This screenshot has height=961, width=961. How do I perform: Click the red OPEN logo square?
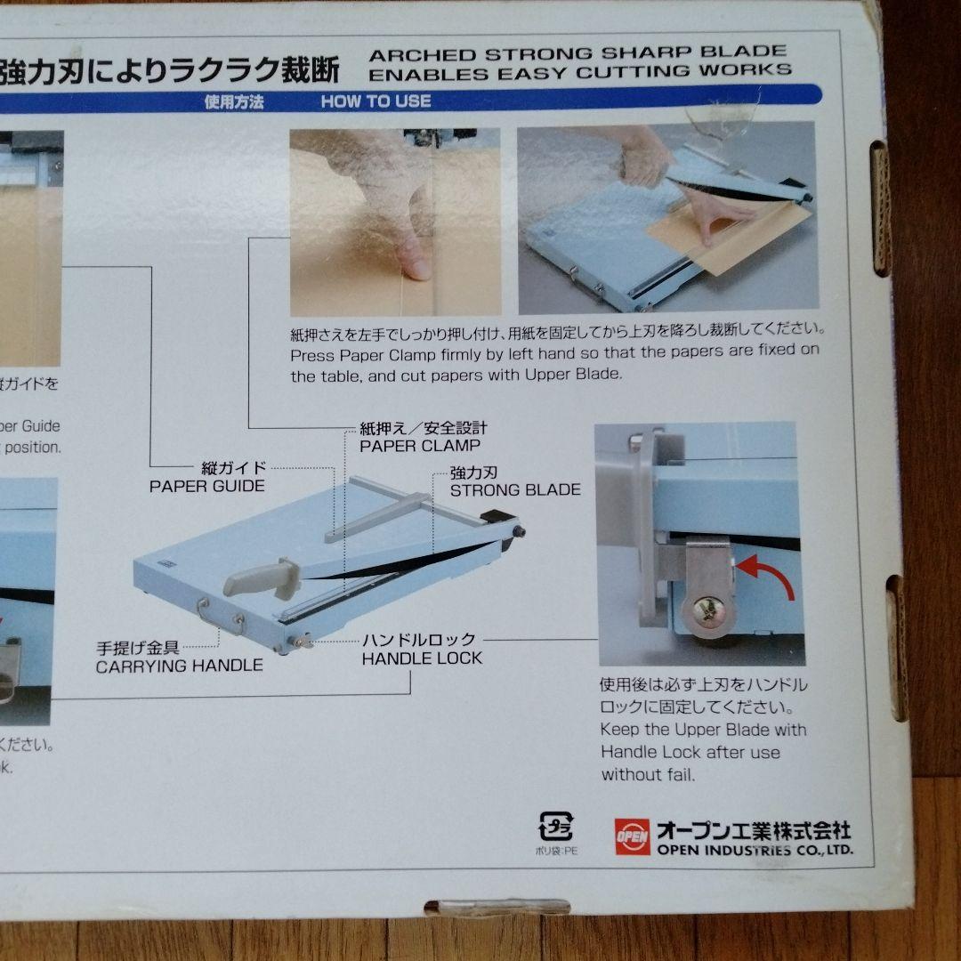click(x=632, y=836)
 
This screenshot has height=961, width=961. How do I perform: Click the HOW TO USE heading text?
click(x=376, y=101)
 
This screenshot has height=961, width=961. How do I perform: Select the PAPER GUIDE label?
click(x=207, y=486)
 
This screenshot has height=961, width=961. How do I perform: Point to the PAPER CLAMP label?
click(x=420, y=446)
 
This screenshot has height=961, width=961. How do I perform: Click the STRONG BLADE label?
click(x=515, y=489)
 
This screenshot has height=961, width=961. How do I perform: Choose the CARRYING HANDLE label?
click(x=179, y=665)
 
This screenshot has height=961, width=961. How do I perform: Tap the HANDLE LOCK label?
click(x=422, y=658)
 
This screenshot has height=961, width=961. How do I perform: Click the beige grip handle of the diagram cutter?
click(x=261, y=579)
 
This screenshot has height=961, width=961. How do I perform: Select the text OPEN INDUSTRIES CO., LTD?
click(x=755, y=850)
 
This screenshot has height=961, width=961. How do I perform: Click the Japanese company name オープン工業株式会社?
click(x=753, y=829)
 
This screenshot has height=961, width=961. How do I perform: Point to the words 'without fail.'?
click(x=647, y=774)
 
